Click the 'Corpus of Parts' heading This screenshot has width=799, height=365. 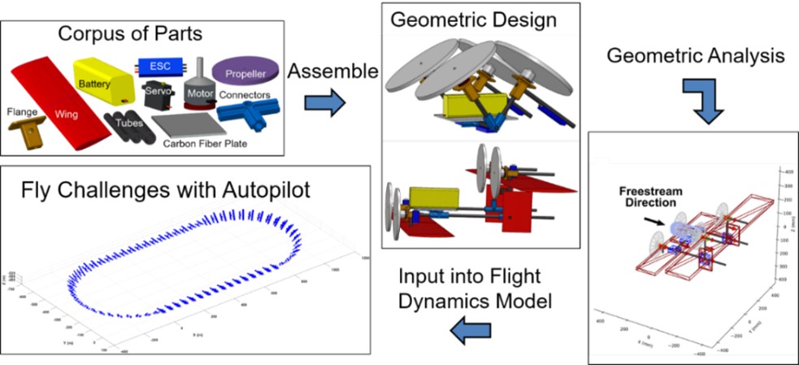pyautogui.click(x=142, y=36)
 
